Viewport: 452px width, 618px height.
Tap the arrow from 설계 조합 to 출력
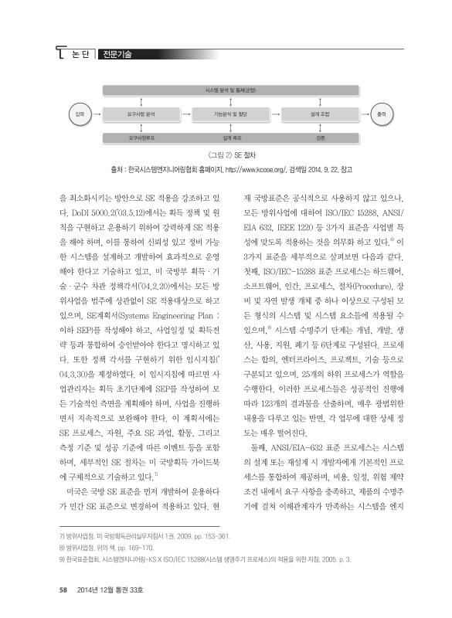click(x=360, y=113)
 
